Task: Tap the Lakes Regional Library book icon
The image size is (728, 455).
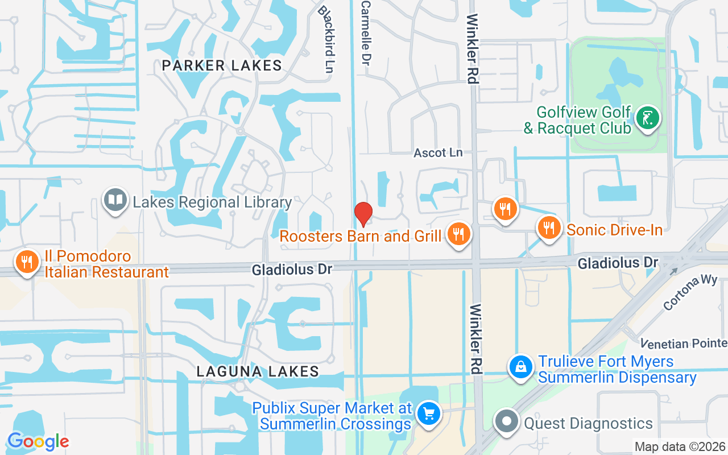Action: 116,200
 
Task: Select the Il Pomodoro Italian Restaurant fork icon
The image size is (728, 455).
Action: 26,262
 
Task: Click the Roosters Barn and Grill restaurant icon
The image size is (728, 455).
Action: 458,233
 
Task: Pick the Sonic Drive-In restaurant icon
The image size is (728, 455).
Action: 548,228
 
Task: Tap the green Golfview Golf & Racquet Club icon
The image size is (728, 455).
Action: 647,118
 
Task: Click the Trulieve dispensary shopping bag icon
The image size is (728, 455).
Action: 520,367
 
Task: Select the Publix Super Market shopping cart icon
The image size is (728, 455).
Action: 428,413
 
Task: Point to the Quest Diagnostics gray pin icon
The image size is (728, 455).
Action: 506,422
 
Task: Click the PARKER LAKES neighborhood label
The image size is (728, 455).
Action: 222,65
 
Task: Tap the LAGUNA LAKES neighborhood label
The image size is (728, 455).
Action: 258,371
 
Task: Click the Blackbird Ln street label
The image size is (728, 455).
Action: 325,39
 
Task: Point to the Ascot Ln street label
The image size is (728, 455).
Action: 438,152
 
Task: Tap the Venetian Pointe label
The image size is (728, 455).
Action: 684,344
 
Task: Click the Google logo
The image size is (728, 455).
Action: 38,441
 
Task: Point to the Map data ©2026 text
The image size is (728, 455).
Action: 679,446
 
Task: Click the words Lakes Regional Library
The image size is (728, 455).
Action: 212,202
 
